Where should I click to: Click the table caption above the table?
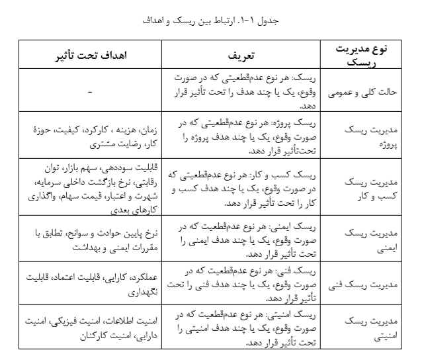[210, 21]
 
